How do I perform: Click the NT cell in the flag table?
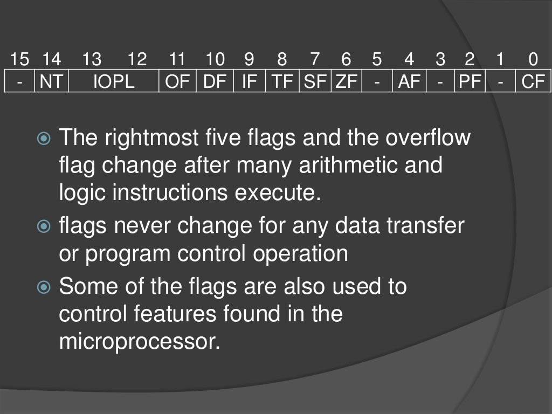click(51, 82)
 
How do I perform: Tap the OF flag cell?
click(177, 82)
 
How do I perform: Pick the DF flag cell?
click(215, 82)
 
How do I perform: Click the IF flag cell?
click(249, 82)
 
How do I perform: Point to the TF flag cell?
click(282, 82)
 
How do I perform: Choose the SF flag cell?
click(315, 82)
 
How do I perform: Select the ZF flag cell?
click(347, 82)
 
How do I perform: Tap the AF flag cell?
click(409, 82)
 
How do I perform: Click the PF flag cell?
click(470, 82)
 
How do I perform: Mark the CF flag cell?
click(533, 82)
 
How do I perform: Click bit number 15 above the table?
click(19, 60)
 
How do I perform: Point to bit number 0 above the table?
click(533, 60)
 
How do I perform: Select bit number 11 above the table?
click(177, 60)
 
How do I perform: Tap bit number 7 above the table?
click(315, 60)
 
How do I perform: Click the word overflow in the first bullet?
click(428, 138)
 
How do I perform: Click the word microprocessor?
click(140, 342)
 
